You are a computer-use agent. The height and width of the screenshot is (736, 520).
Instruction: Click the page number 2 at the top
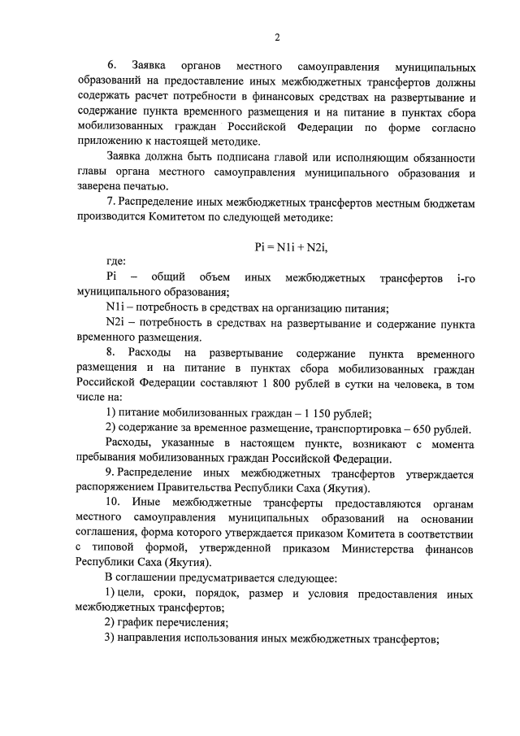point(277,37)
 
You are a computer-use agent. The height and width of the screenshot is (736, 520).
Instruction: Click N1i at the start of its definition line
point(115,307)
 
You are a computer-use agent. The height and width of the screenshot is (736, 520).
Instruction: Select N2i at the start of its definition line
point(115,323)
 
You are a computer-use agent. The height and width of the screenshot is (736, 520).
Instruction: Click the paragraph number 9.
point(109,473)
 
